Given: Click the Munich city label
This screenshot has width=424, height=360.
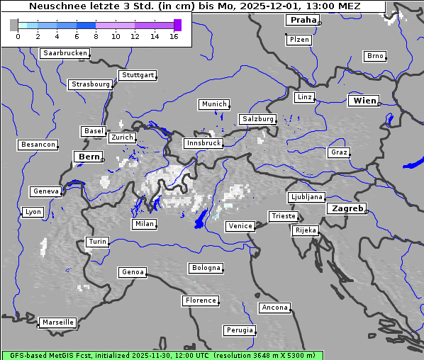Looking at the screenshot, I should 214,104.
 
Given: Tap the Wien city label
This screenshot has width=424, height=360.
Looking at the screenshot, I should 364,101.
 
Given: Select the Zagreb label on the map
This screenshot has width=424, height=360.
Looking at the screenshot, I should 347,208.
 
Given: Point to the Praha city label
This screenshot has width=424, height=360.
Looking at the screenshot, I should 303,20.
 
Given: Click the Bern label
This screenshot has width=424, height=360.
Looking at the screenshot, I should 89,156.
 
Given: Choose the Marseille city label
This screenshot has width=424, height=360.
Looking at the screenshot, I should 57,322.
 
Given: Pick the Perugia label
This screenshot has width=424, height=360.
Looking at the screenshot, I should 239,330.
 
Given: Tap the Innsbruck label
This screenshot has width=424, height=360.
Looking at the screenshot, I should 203,143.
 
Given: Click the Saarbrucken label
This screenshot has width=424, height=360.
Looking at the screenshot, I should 65,53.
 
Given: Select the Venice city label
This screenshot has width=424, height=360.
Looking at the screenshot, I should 240,226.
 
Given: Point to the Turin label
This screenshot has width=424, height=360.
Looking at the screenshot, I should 97,242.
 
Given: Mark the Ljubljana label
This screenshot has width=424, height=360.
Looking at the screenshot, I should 306,197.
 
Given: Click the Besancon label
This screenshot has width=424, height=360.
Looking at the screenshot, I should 38,145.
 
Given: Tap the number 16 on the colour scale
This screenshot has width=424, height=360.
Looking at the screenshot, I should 174,36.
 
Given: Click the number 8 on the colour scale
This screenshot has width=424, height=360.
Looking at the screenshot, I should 96,36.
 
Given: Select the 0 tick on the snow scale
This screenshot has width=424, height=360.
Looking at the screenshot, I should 18,36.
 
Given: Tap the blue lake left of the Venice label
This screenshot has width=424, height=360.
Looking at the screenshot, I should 201,219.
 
